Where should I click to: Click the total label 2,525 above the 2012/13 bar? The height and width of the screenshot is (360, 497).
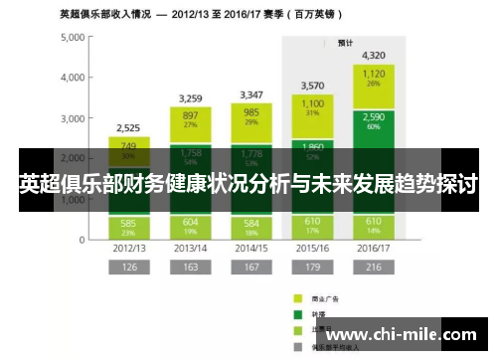click(x=128, y=127)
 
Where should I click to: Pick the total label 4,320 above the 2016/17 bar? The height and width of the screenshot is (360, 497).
click(x=375, y=55)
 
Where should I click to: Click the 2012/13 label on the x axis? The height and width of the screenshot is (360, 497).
click(x=128, y=247)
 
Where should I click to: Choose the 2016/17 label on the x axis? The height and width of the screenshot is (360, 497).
click(x=375, y=247)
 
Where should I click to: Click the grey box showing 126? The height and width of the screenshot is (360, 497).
click(x=128, y=267)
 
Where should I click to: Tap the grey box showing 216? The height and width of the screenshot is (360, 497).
click(x=375, y=267)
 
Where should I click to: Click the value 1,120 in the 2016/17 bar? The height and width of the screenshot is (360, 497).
click(x=375, y=74)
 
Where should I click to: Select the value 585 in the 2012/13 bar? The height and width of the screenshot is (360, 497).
click(x=128, y=222)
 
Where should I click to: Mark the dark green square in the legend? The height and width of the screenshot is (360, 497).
click(x=296, y=313)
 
